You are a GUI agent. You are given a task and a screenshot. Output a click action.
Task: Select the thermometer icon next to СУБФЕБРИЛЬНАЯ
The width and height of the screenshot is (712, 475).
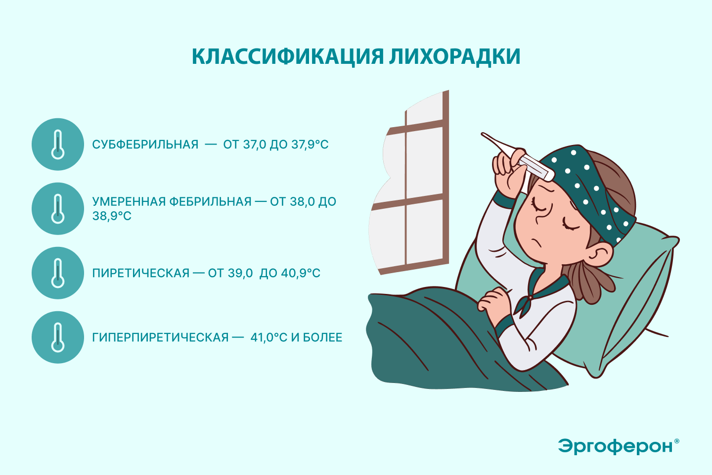point(58,144)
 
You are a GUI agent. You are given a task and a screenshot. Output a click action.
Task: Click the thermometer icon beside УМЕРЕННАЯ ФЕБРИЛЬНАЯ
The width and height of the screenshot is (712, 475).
point(58,209)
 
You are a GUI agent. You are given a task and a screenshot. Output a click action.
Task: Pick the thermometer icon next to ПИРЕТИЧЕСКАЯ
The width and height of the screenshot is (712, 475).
point(58,273)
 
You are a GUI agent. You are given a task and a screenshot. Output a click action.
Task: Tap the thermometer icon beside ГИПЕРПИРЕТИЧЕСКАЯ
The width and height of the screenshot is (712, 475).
point(58,337)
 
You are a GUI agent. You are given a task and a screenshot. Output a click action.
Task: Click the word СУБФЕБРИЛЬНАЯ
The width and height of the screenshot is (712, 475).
point(145,144)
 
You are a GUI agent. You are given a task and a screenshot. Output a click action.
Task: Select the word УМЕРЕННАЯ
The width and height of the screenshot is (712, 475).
point(129,202)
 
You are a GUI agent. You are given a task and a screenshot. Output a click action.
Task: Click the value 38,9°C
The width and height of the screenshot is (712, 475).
point(112,216)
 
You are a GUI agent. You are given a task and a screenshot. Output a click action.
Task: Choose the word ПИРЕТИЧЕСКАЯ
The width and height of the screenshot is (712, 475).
point(141,273)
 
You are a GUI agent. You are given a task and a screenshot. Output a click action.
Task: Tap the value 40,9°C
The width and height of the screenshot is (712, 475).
point(301,273)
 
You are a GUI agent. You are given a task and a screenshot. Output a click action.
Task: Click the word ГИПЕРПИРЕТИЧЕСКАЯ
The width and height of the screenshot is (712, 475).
point(161,337)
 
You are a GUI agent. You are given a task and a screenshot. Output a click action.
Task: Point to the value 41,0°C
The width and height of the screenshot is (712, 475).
point(269,337)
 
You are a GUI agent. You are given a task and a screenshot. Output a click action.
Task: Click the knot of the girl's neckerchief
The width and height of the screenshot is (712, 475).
point(530,298)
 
